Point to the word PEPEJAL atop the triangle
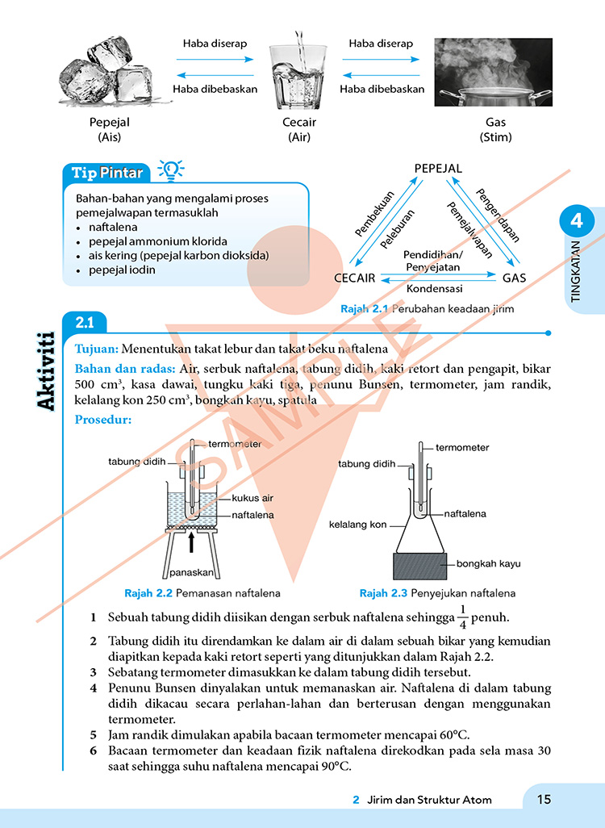click(x=438, y=169)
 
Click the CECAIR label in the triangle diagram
click(x=354, y=278)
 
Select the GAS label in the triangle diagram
click(x=514, y=278)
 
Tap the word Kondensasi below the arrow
click(x=433, y=288)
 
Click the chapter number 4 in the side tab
click(x=576, y=220)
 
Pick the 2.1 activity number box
click(x=85, y=323)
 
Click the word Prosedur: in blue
click(x=102, y=420)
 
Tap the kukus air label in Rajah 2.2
click(x=252, y=498)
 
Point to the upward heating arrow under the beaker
click(x=191, y=542)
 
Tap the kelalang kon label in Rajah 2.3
click(x=358, y=525)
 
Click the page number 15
click(x=544, y=799)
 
